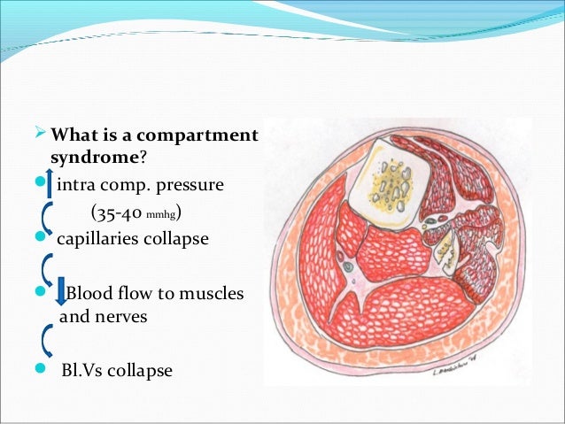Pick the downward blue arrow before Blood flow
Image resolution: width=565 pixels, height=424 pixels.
click(x=61, y=293)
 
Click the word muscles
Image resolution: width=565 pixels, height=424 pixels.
click(x=210, y=293)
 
